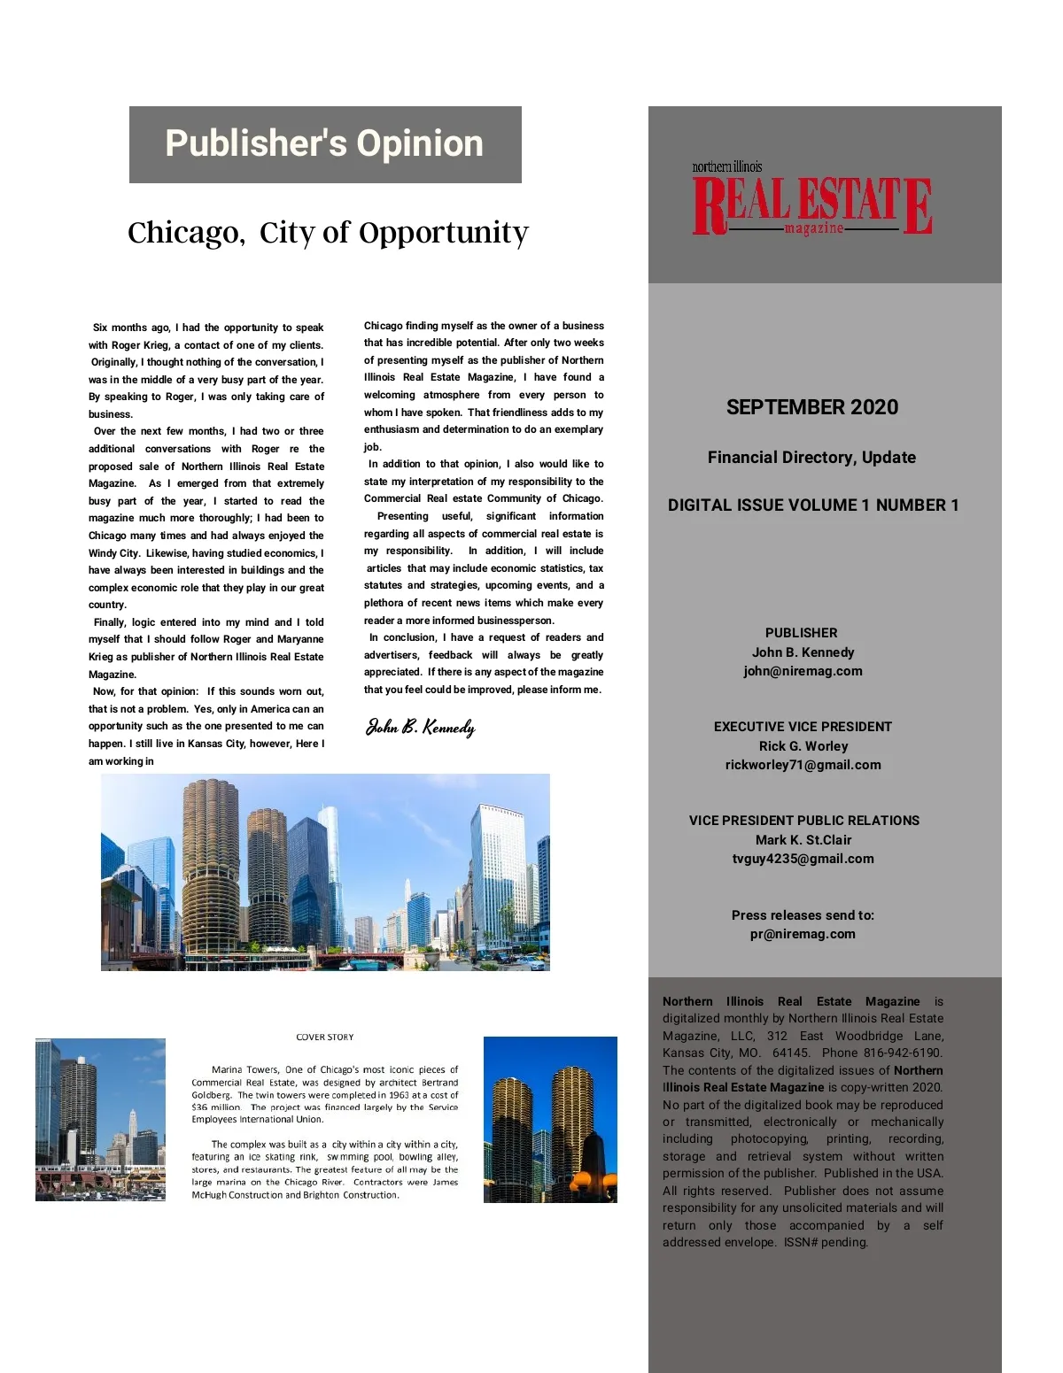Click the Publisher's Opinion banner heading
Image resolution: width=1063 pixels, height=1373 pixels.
pyautogui.click(x=324, y=144)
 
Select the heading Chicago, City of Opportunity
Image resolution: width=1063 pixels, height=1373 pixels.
pyautogui.click(x=328, y=232)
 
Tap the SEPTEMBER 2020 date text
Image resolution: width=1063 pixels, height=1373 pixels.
pyautogui.click(x=811, y=407)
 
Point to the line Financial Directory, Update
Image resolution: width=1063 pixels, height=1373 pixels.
pyautogui.click(x=811, y=458)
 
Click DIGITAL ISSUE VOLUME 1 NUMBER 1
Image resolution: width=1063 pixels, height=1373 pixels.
pyautogui.click(x=813, y=505)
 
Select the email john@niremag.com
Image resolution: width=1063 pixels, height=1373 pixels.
pyautogui.click(x=803, y=671)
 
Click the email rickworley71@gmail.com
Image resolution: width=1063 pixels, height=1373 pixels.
pyautogui.click(x=803, y=765)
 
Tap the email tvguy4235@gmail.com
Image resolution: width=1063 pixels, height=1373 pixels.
pyautogui.click(x=803, y=859)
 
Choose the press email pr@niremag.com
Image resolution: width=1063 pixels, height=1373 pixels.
pyautogui.click(x=803, y=934)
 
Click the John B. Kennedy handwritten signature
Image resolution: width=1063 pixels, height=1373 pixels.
pyautogui.click(x=421, y=728)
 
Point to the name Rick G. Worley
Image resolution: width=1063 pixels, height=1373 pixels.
pyautogui.click(x=803, y=746)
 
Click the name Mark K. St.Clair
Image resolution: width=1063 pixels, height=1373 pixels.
pyautogui.click(x=803, y=840)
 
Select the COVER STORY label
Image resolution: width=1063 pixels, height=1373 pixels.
pyautogui.click(x=325, y=1037)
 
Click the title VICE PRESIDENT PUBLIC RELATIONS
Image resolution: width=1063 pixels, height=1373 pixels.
pyautogui.click(x=803, y=821)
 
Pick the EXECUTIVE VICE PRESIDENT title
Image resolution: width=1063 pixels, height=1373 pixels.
pyautogui.click(x=803, y=727)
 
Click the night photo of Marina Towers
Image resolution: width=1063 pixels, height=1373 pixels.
pyautogui.click(x=550, y=1120)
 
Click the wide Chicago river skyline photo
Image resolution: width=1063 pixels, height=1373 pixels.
pyautogui.click(x=325, y=872)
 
